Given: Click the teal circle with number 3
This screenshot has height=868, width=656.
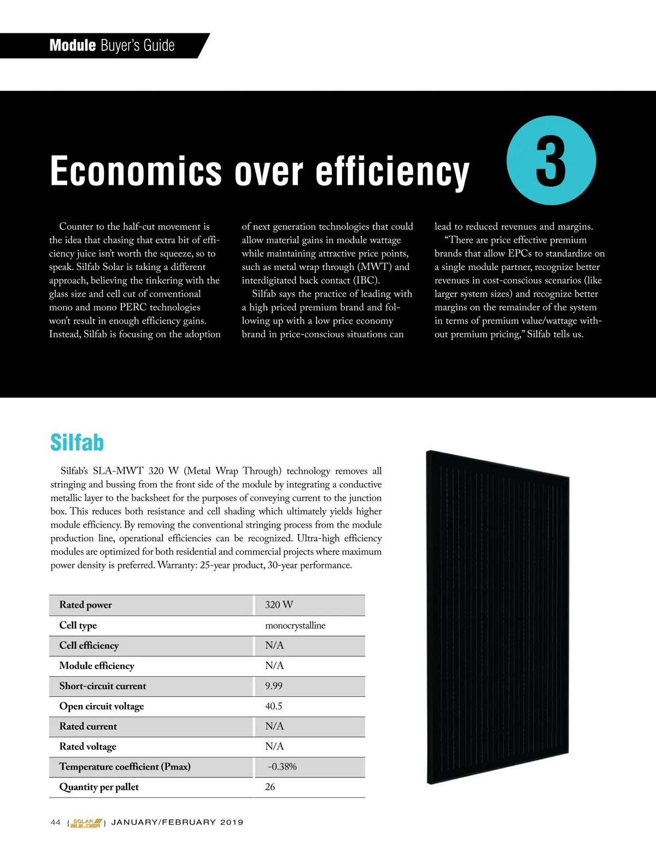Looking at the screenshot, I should [x=551, y=160].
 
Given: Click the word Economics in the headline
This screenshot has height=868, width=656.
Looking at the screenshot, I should [x=136, y=171].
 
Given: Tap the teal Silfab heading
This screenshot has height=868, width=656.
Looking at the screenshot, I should [x=77, y=442].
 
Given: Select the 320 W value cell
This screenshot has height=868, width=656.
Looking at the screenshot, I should [x=279, y=605].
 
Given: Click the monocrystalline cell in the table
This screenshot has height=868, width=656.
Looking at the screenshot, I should [x=295, y=625].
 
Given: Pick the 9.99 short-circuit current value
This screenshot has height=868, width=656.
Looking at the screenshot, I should [x=274, y=686].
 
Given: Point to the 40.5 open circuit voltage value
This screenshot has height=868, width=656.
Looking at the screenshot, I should [x=274, y=706].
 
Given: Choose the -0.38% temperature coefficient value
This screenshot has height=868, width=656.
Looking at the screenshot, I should [x=282, y=767].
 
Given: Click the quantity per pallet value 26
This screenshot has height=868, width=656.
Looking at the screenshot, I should [x=270, y=787].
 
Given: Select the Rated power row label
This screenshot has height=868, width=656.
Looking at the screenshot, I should [x=86, y=605].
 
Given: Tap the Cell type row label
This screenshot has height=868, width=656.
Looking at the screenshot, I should [x=78, y=625].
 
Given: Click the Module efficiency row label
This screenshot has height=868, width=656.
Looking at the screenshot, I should [x=97, y=666].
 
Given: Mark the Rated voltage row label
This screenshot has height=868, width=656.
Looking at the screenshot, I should [x=88, y=747].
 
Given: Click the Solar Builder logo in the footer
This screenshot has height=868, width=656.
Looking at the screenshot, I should [x=86, y=823].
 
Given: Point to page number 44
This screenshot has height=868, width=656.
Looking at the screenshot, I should [x=55, y=823].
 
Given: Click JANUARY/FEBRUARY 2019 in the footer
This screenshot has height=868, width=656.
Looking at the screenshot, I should [x=177, y=823].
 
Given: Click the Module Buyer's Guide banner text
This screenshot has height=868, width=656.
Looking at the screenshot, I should [x=112, y=45].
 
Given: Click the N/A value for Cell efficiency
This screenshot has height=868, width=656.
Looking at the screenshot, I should [x=274, y=646].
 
